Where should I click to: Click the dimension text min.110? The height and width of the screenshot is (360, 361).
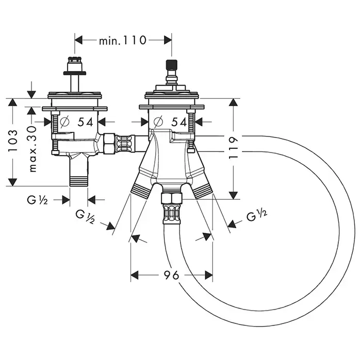coord(123,39)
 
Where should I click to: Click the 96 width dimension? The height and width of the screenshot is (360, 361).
coord(172,275)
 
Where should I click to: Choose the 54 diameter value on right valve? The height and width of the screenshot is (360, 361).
coord(178,122)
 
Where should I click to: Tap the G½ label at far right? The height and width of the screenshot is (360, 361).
coord(256,216)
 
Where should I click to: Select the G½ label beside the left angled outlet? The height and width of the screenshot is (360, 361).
coord(85,216)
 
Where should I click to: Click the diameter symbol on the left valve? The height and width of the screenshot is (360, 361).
coord(64,122)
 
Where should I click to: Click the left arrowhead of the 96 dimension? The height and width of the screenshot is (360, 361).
coord(135,275)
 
